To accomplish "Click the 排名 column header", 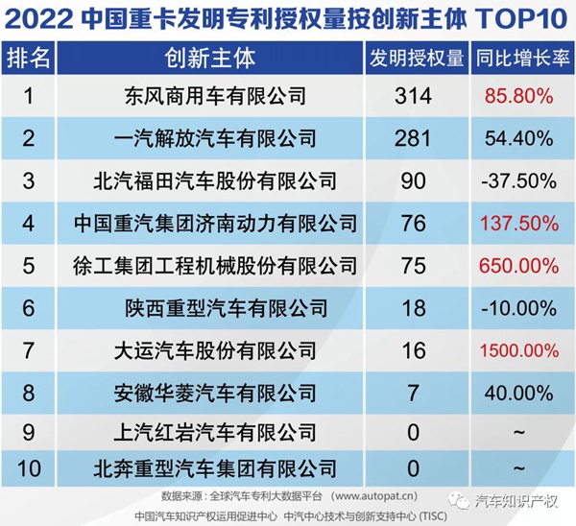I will (x=29, y=58).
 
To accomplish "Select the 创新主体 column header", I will (x=210, y=58).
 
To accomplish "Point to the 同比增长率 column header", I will (x=518, y=58).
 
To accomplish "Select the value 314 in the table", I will (x=414, y=96).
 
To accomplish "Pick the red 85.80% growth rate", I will (x=519, y=96).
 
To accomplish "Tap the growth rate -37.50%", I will (x=519, y=180).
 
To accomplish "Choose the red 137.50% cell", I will (x=519, y=223).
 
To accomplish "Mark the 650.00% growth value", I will (x=519, y=265).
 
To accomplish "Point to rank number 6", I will (x=29, y=307).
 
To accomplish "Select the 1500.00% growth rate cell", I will (x=519, y=349).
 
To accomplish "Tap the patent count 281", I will (x=414, y=138).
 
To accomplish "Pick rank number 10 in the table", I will (x=29, y=468).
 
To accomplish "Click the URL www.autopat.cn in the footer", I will (x=374, y=496).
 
